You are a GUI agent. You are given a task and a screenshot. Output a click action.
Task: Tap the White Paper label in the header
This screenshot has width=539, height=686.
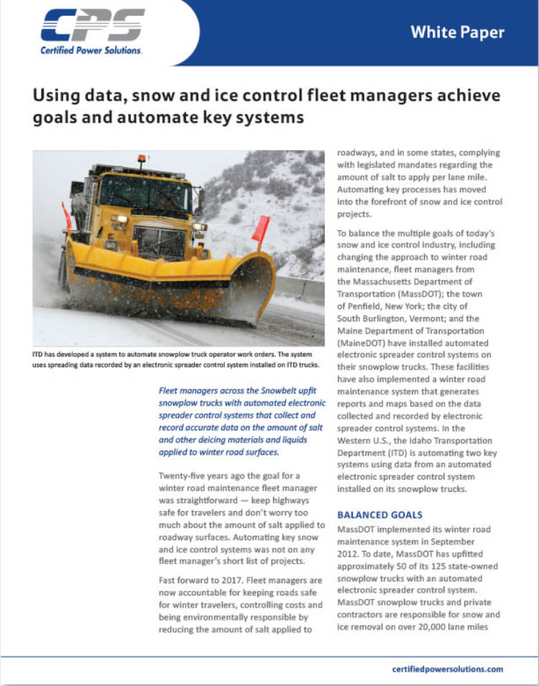pyautogui.click(x=457, y=32)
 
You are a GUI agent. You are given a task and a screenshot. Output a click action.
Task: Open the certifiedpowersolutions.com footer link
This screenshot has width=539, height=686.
pyautogui.click(x=448, y=669)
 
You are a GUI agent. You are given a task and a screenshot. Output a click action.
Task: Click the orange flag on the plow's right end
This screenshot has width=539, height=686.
pyautogui.click(x=261, y=229)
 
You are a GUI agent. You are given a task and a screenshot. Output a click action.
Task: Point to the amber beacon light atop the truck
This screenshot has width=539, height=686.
pyautogui.click(x=142, y=158)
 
